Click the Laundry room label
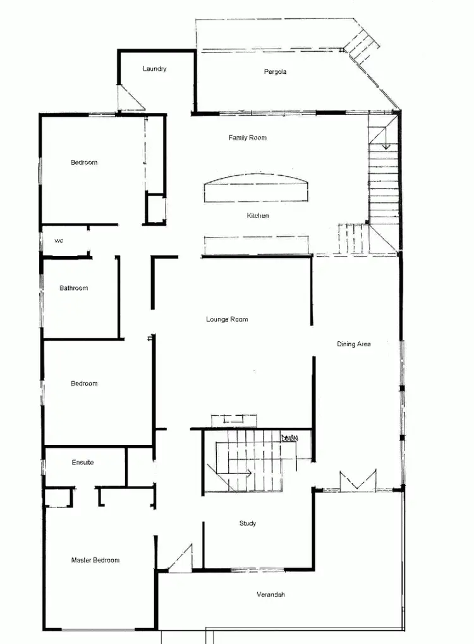coord(154,69)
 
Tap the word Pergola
coord(275,72)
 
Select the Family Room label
coord(247,138)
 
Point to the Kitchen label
coord(257,216)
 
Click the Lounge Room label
coord(227,320)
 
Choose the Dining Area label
coord(353,344)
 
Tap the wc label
coord(59,241)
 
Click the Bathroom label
coord(73,288)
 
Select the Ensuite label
coord(82,463)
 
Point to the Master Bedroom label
coord(95,560)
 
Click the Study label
coord(247,523)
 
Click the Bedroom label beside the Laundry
coord(83,162)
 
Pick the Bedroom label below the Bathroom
coord(83,384)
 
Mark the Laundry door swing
coord(130,99)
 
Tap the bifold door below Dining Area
coord(358,481)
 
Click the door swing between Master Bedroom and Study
coord(180,559)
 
